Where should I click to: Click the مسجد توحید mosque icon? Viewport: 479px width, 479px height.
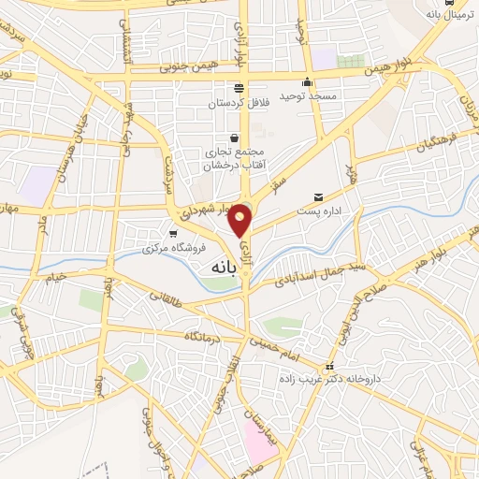[x=308, y=81]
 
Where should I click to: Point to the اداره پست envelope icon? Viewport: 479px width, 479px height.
[x=319, y=197]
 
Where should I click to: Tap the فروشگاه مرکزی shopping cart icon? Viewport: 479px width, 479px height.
[x=172, y=234]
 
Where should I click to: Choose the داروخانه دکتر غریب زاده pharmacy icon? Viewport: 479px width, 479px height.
[x=327, y=367]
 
